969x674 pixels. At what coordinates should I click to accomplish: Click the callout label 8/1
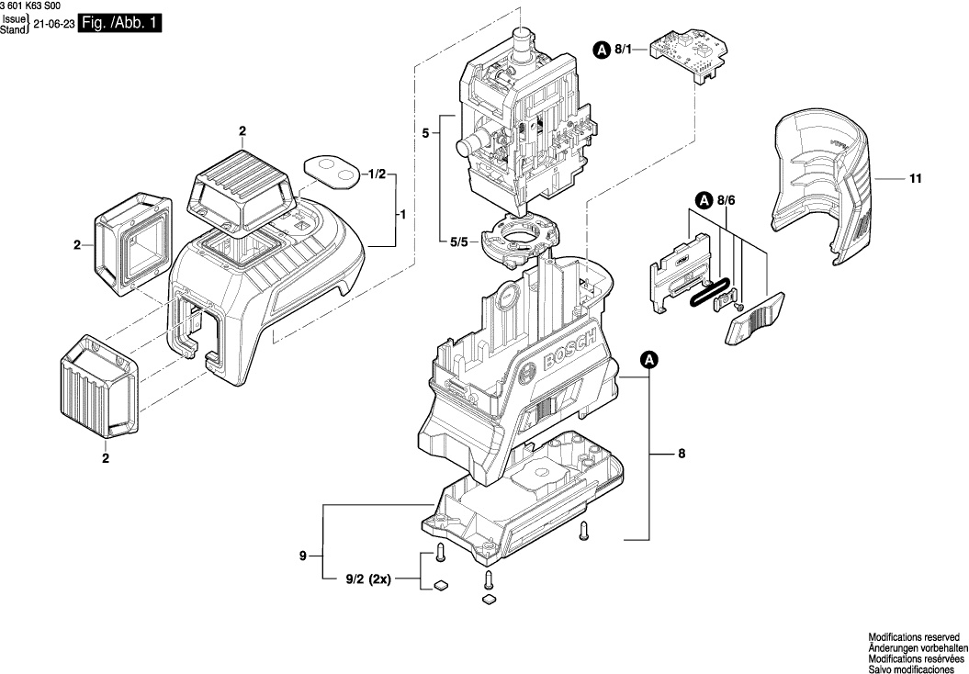coord(624,50)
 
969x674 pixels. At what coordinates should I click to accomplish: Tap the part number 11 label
coord(914,180)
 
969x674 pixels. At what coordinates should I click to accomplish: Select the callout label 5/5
coord(458,243)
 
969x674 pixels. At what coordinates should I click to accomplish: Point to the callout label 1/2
coord(377,174)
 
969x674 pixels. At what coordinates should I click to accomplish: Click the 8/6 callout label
coord(727,199)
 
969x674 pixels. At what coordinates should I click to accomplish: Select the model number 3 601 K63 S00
coord(35,6)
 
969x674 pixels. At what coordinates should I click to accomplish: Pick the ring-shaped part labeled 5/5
coord(521,237)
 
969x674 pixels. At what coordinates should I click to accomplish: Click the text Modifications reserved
coord(914,636)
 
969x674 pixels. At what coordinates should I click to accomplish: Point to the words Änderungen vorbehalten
coord(914,647)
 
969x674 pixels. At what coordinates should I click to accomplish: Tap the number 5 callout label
coord(425,134)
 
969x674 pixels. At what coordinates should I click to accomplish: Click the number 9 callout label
coord(302,556)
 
